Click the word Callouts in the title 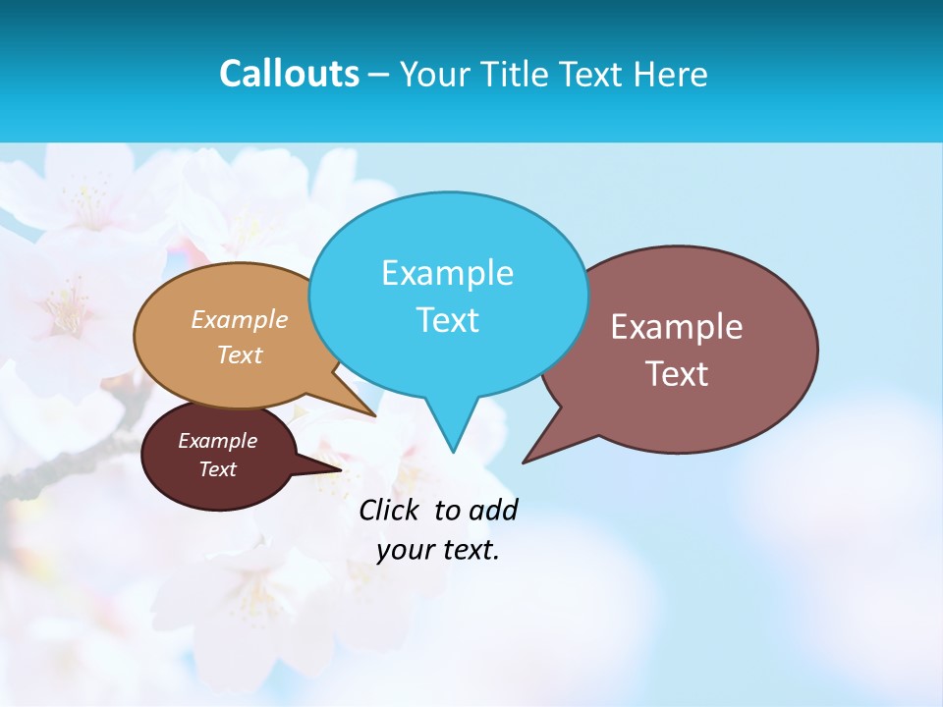[x=289, y=74]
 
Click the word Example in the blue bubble [x=447, y=273]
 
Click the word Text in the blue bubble [x=447, y=320]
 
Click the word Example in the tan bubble [x=240, y=319]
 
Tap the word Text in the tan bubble [x=240, y=354]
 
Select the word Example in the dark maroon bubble [x=217, y=441]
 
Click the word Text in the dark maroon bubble [x=217, y=469]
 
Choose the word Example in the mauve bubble [x=677, y=327]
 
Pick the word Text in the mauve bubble [x=677, y=374]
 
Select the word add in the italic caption [x=492, y=510]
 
